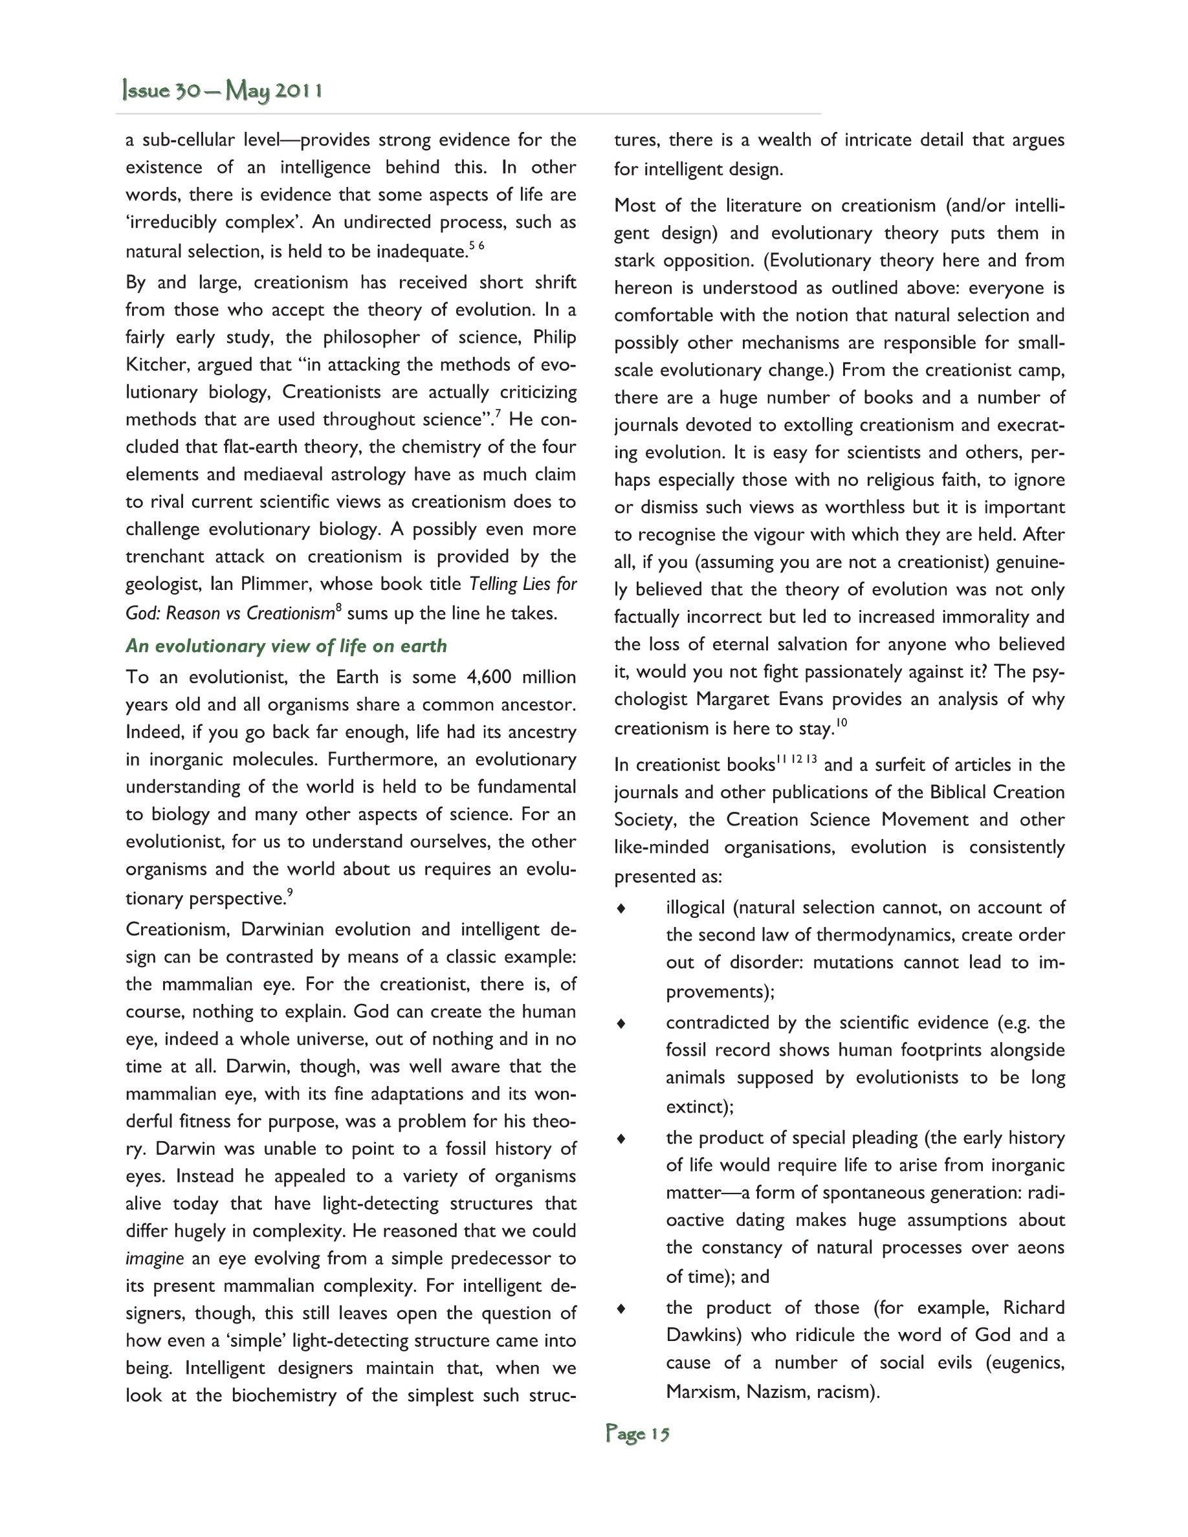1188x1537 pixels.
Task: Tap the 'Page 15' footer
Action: pos(637,1433)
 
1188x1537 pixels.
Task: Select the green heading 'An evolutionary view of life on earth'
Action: pos(286,646)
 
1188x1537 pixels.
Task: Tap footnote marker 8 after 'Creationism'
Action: pos(338,607)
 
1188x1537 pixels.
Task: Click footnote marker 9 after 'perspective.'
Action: pos(290,892)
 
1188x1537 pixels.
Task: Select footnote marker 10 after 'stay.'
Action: pos(842,722)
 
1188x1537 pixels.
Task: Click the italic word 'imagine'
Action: pos(154,1259)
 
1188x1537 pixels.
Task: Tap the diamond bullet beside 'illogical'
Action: pos(621,908)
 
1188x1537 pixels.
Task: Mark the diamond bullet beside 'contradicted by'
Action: pos(621,1024)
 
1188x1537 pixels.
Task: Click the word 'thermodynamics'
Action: pos(875,935)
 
